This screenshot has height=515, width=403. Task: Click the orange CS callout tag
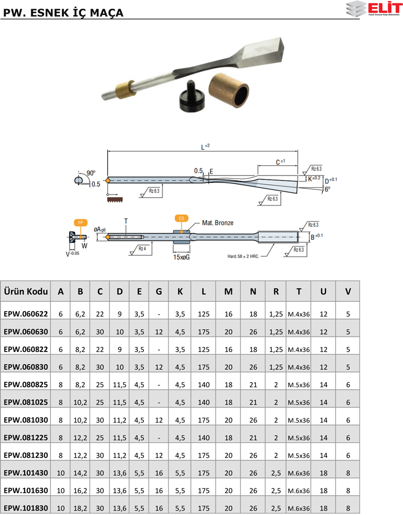(181, 218)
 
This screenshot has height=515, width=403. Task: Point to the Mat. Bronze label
(217, 222)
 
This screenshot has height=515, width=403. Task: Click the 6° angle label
(328, 190)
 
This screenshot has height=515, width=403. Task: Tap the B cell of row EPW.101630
(80, 490)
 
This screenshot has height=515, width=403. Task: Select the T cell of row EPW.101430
(298, 473)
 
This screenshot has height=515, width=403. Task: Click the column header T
(298, 291)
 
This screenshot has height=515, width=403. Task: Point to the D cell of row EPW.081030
(119, 419)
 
